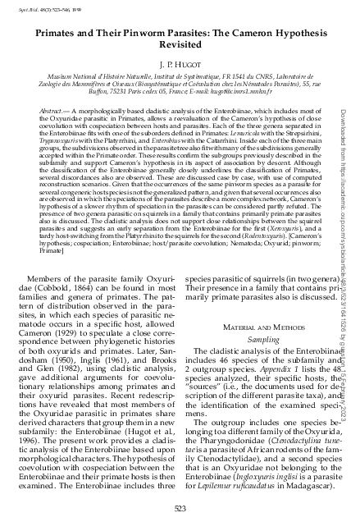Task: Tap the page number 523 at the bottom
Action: pyautogui.click(x=179, y=510)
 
